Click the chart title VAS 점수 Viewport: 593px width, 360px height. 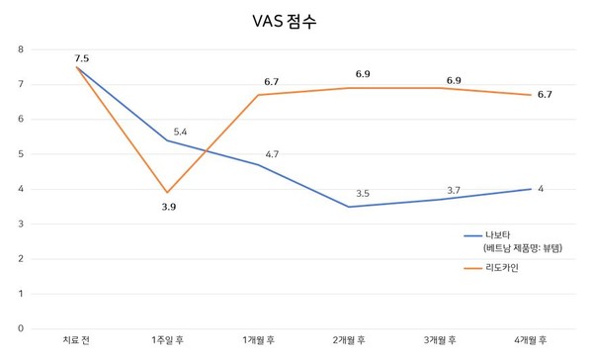click(x=296, y=20)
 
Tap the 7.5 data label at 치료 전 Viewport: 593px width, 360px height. click(x=81, y=58)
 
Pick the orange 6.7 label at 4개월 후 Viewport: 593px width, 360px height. click(x=544, y=95)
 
